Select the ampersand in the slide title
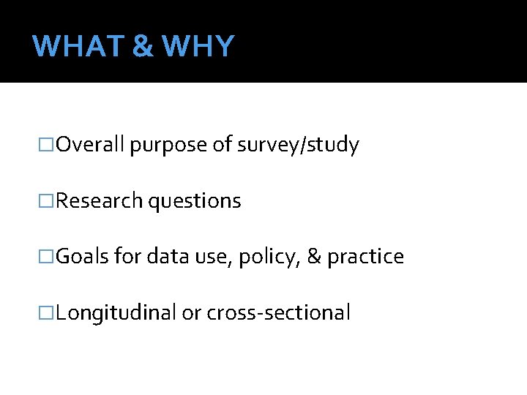pos(144,46)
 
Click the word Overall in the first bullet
pos(91,145)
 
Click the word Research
pos(100,200)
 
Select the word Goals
pos(83,256)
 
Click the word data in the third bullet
pos(165,256)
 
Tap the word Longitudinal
pos(116,313)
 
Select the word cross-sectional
pos(279,312)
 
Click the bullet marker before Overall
pos(48,146)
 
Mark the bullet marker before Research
pos(48,201)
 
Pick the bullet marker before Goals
pos(48,257)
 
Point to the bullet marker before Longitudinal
pos(48,312)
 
